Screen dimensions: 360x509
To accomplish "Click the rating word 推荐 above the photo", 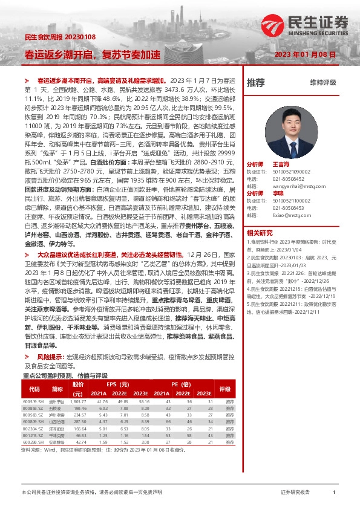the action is click(x=256, y=82).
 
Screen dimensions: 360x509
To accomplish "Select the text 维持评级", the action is click(x=323, y=82).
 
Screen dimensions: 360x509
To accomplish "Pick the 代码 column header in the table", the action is click(x=34, y=389).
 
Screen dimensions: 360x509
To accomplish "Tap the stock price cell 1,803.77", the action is click(x=79, y=401).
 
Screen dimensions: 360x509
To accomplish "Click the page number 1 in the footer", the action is click(x=334, y=493).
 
